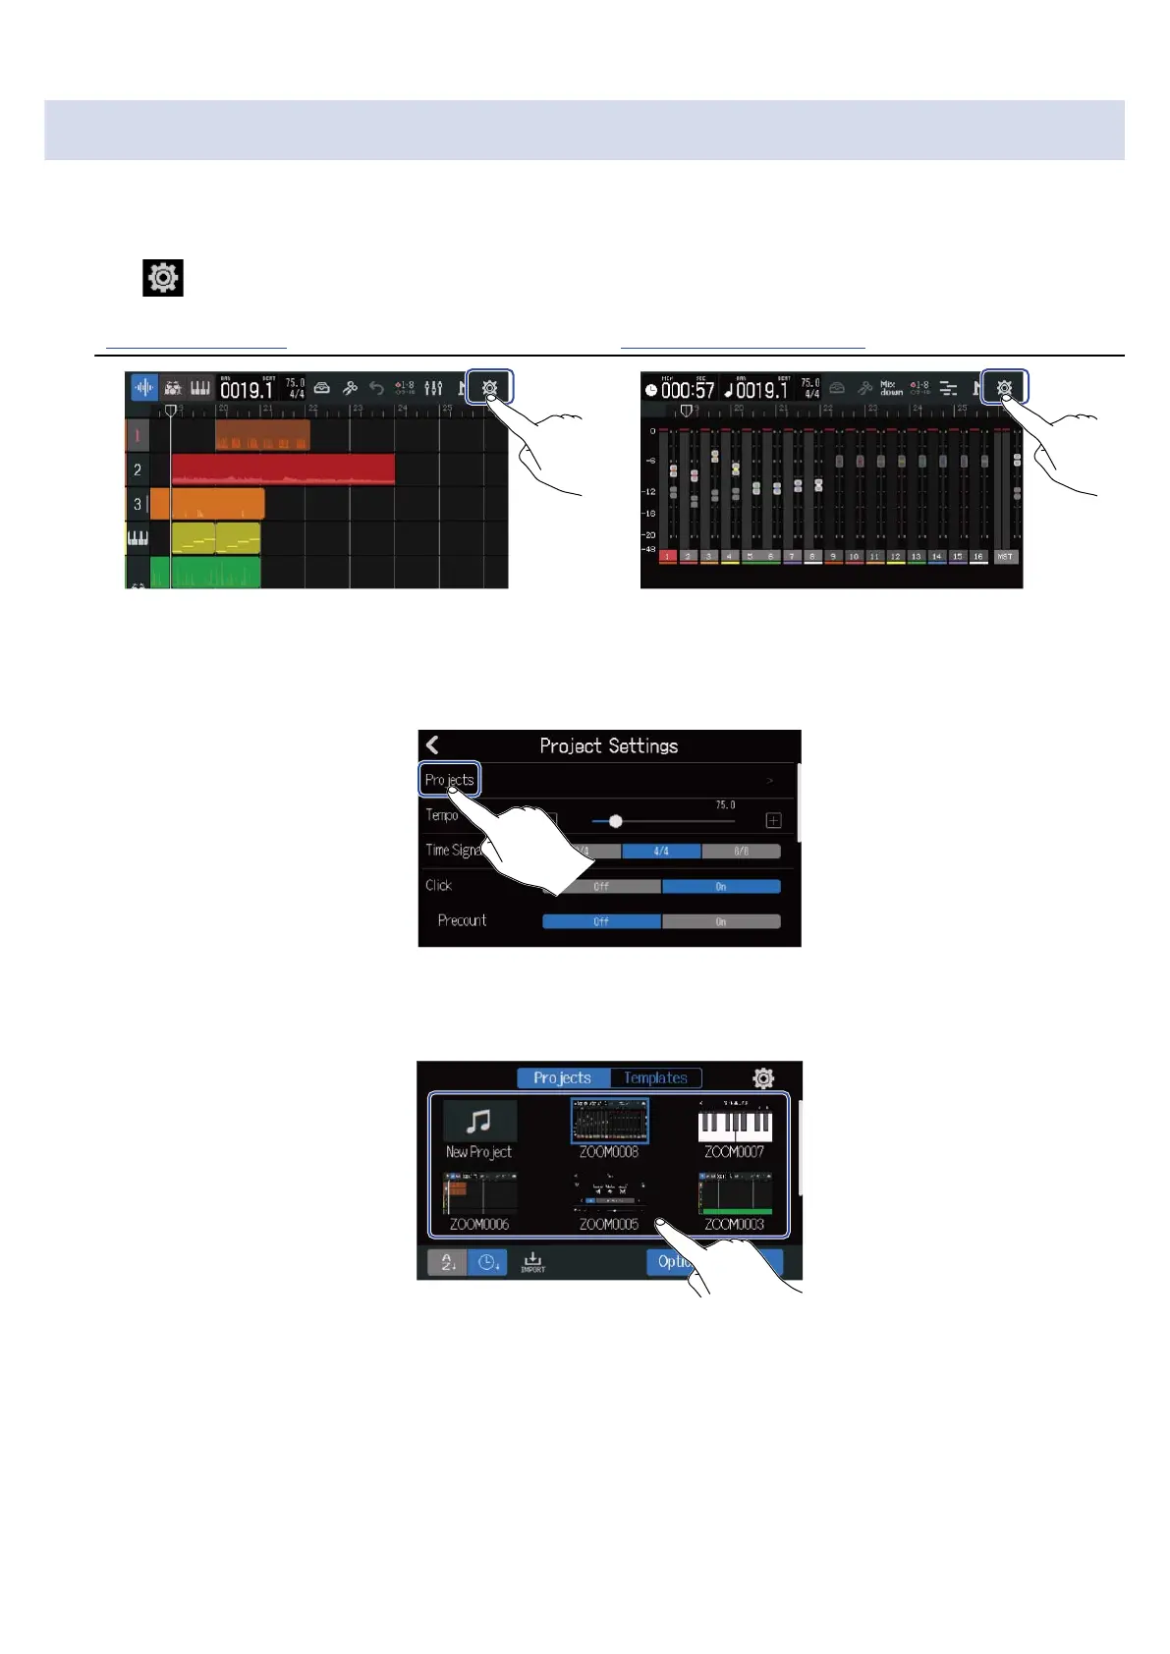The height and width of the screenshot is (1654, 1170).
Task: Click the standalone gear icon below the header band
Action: point(163,278)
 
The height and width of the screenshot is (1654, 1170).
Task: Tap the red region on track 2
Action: point(283,469)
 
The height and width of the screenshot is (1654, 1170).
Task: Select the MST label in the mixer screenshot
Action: point(1004,557)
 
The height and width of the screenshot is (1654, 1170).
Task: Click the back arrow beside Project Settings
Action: point(433,745)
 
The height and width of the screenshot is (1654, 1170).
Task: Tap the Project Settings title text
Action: point(608,746)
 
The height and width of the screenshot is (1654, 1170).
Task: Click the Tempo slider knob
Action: point(616,821)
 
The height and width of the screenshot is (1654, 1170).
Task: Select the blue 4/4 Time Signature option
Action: point(661,852)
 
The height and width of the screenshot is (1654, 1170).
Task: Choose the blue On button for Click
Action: point(721,886)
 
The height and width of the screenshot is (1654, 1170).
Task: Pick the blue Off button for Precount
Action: point(601,921)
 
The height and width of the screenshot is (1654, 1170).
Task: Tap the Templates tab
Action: point(655,1077)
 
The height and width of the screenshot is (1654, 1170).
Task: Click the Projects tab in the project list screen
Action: point(563,1077)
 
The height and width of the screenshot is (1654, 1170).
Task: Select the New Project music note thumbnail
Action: point(479,1121)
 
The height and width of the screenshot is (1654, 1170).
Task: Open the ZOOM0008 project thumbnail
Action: point(609,1121)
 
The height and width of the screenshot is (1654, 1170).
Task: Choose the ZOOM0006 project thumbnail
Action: point(479,1193)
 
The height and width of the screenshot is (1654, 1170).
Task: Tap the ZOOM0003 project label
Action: point(734,1225)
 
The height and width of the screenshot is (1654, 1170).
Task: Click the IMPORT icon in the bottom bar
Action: point(532,1262)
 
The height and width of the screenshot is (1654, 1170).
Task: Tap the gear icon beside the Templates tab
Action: point(763,1077)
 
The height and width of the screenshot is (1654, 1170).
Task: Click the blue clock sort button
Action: point(486,1262)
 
